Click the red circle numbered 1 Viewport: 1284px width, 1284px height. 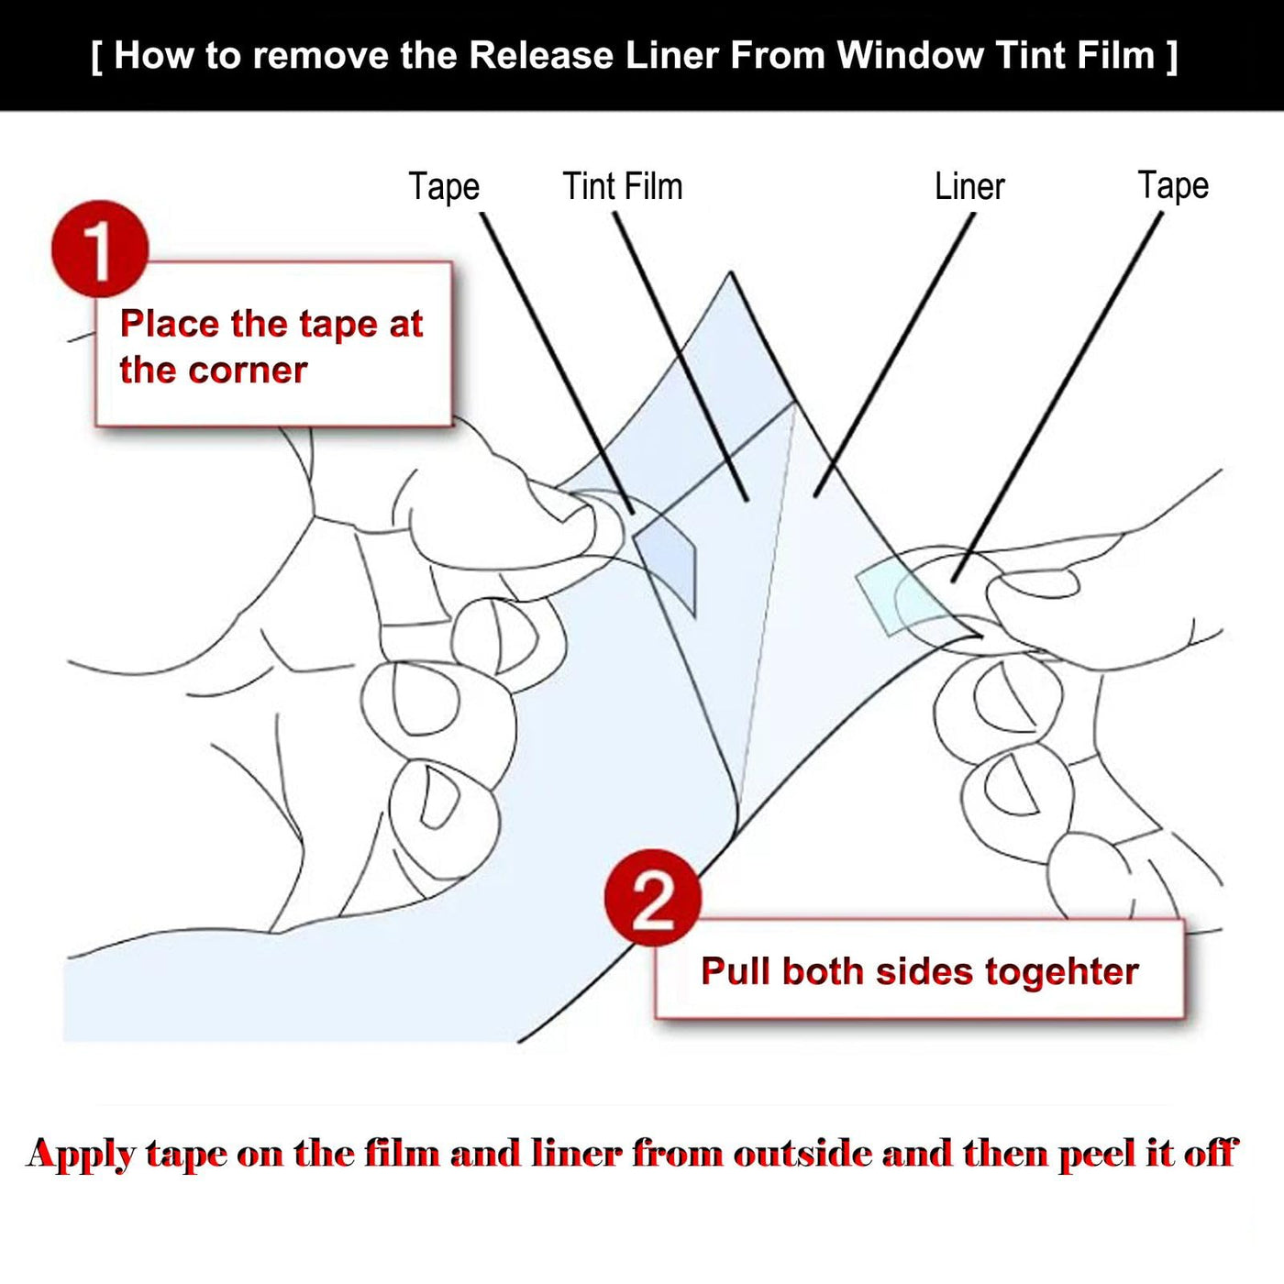(100, 249)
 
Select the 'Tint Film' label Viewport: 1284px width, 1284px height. (623, 187)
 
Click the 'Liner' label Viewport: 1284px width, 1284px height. (969, 187)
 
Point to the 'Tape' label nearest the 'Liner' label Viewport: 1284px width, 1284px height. (1173, 185)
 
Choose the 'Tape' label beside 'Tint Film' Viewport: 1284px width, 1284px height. (444, 187)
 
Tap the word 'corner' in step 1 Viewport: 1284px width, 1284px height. (248, 371)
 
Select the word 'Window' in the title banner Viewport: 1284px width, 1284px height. (910, 55)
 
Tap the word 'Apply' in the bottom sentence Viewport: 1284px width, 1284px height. (81, 1154)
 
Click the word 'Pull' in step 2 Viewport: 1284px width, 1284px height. (735, 972)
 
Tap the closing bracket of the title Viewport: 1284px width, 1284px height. (1171, 55)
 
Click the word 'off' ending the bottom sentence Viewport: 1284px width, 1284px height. (1211, 1154)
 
